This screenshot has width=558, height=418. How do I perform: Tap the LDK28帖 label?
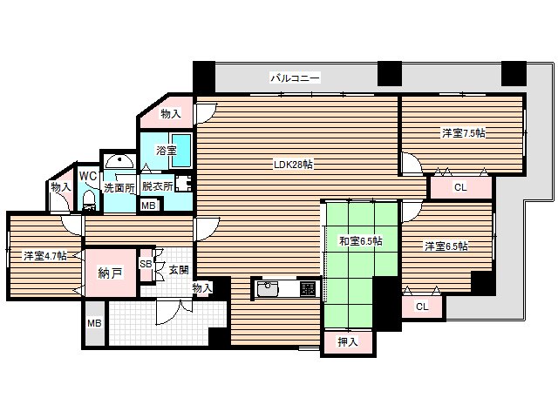coord(293,165)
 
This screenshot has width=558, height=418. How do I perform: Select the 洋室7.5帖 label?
coord(464,133)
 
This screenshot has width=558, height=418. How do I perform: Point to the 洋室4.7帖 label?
coord(44,256)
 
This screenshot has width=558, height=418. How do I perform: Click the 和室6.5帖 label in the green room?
coord(361,241)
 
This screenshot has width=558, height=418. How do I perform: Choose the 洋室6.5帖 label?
coord(446,246)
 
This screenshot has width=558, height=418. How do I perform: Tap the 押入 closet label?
coord(348,341)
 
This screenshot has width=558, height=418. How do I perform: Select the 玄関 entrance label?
coord(178,270)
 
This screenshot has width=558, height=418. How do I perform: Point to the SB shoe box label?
coord(146,264)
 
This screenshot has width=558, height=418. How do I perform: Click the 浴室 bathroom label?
coord(167,151)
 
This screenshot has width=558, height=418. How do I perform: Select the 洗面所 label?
coord(119,186)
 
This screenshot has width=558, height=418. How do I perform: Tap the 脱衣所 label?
coord(157,186)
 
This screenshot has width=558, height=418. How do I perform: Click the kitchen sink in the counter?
coord(268,288)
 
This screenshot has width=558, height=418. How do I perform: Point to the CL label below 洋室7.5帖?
coord(460,186)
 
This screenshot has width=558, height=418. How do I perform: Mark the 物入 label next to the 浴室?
coord(171,114)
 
